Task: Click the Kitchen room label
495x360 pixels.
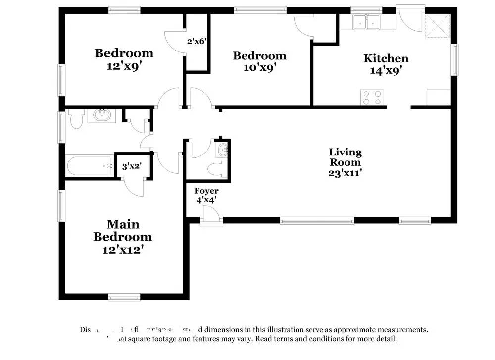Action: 386,64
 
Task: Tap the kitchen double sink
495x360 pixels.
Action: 366,22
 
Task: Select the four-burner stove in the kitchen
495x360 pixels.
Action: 373,98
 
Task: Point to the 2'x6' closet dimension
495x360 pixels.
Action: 196,42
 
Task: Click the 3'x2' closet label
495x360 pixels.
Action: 132,167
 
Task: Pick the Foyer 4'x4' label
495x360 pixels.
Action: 206,195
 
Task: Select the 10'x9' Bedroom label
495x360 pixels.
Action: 259,61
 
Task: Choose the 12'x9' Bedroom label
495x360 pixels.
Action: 124,59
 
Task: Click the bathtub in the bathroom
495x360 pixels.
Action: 89,167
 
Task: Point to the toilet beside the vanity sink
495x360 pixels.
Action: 77,119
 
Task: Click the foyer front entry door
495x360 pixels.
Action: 211,216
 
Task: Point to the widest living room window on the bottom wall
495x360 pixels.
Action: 317,220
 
